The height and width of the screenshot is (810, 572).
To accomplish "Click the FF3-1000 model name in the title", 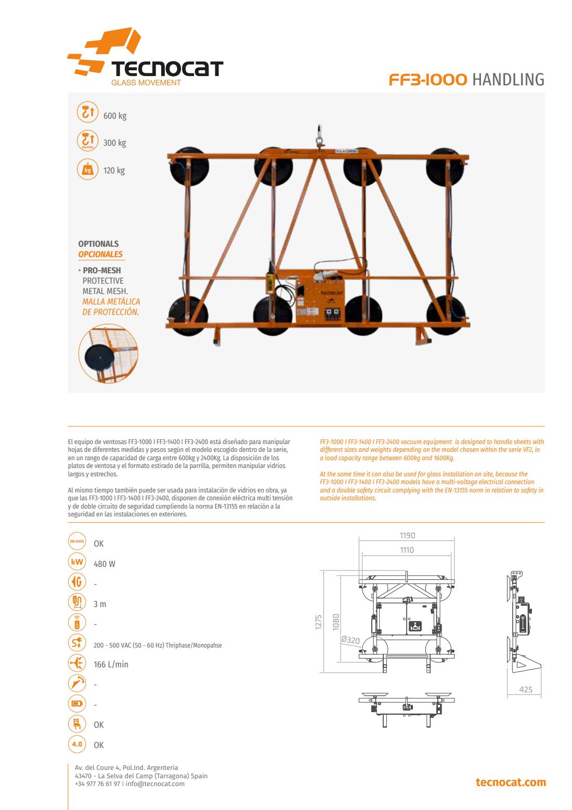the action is click(x=428, y=80).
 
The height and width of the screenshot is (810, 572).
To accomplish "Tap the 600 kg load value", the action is click(x=115, y=116).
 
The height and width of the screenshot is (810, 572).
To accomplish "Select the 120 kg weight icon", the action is click(x=87, y=169).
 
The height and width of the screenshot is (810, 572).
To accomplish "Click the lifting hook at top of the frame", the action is click(x=318, y=136).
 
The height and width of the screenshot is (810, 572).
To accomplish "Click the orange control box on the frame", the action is click(x=320, y=297).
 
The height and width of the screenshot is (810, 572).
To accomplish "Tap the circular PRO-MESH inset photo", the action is click(x=108, y=353).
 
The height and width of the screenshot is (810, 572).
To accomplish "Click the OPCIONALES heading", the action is click(x=100, y=254).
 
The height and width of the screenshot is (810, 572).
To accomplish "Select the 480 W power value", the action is click(x=105, y=564).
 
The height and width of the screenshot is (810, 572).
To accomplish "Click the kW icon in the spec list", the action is click(x=77, y=562).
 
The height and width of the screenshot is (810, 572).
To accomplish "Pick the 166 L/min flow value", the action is click(x=111, y=665).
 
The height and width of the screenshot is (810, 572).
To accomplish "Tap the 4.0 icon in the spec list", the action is click(x=77, y=744).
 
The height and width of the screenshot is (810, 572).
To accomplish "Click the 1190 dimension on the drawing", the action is click(x=407, y=536).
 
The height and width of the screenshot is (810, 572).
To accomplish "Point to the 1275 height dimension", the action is click(x=318, y=622).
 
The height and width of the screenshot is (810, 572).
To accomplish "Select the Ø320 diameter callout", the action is click(x=350, y=640).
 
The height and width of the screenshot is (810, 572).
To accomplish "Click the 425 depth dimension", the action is click(x=526, y=690).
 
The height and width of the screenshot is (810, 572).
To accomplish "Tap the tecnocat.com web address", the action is click(x=511, y=782).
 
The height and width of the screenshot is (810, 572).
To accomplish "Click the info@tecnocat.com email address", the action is click(x=155, y=784).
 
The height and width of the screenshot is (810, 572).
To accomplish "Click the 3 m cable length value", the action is click(x=100, y=604).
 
